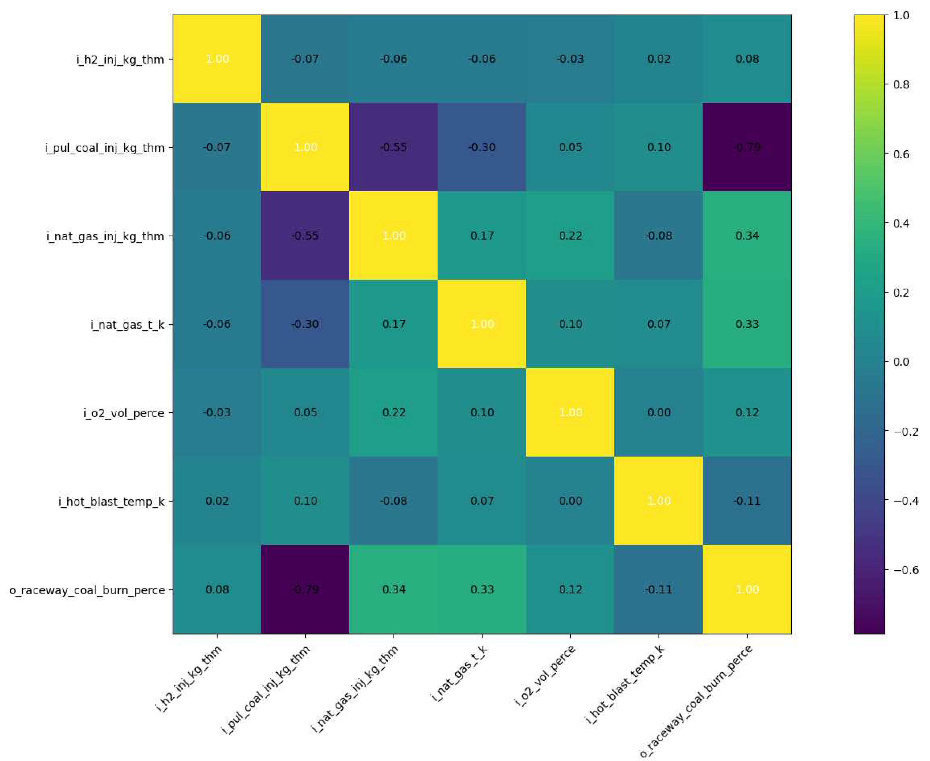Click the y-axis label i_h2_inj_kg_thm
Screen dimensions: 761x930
120,59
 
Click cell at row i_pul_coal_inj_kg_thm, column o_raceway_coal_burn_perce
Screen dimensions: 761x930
747,147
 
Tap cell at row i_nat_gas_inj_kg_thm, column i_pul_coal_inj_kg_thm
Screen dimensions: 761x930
305,236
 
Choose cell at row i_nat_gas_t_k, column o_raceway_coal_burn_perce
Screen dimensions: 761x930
747,324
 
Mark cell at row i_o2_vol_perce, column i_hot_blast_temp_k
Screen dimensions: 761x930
658,413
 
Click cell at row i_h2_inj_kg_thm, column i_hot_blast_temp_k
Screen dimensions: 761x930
658,59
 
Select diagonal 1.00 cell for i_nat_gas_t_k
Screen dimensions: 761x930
482,324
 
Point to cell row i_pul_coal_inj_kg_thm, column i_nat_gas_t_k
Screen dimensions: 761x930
482,147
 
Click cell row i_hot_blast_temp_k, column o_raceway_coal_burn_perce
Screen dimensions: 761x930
747,501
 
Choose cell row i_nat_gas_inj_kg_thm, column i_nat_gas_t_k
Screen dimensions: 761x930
482,236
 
